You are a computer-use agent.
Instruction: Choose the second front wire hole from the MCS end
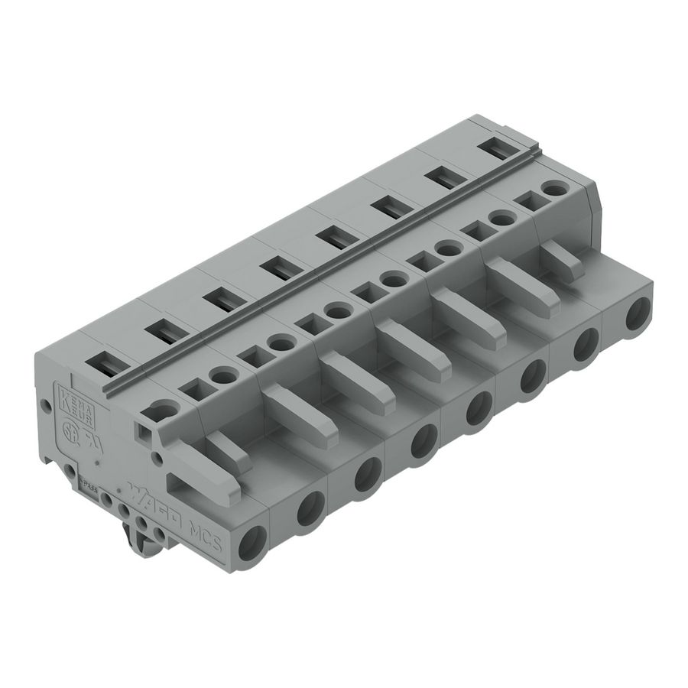coord(310,507)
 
